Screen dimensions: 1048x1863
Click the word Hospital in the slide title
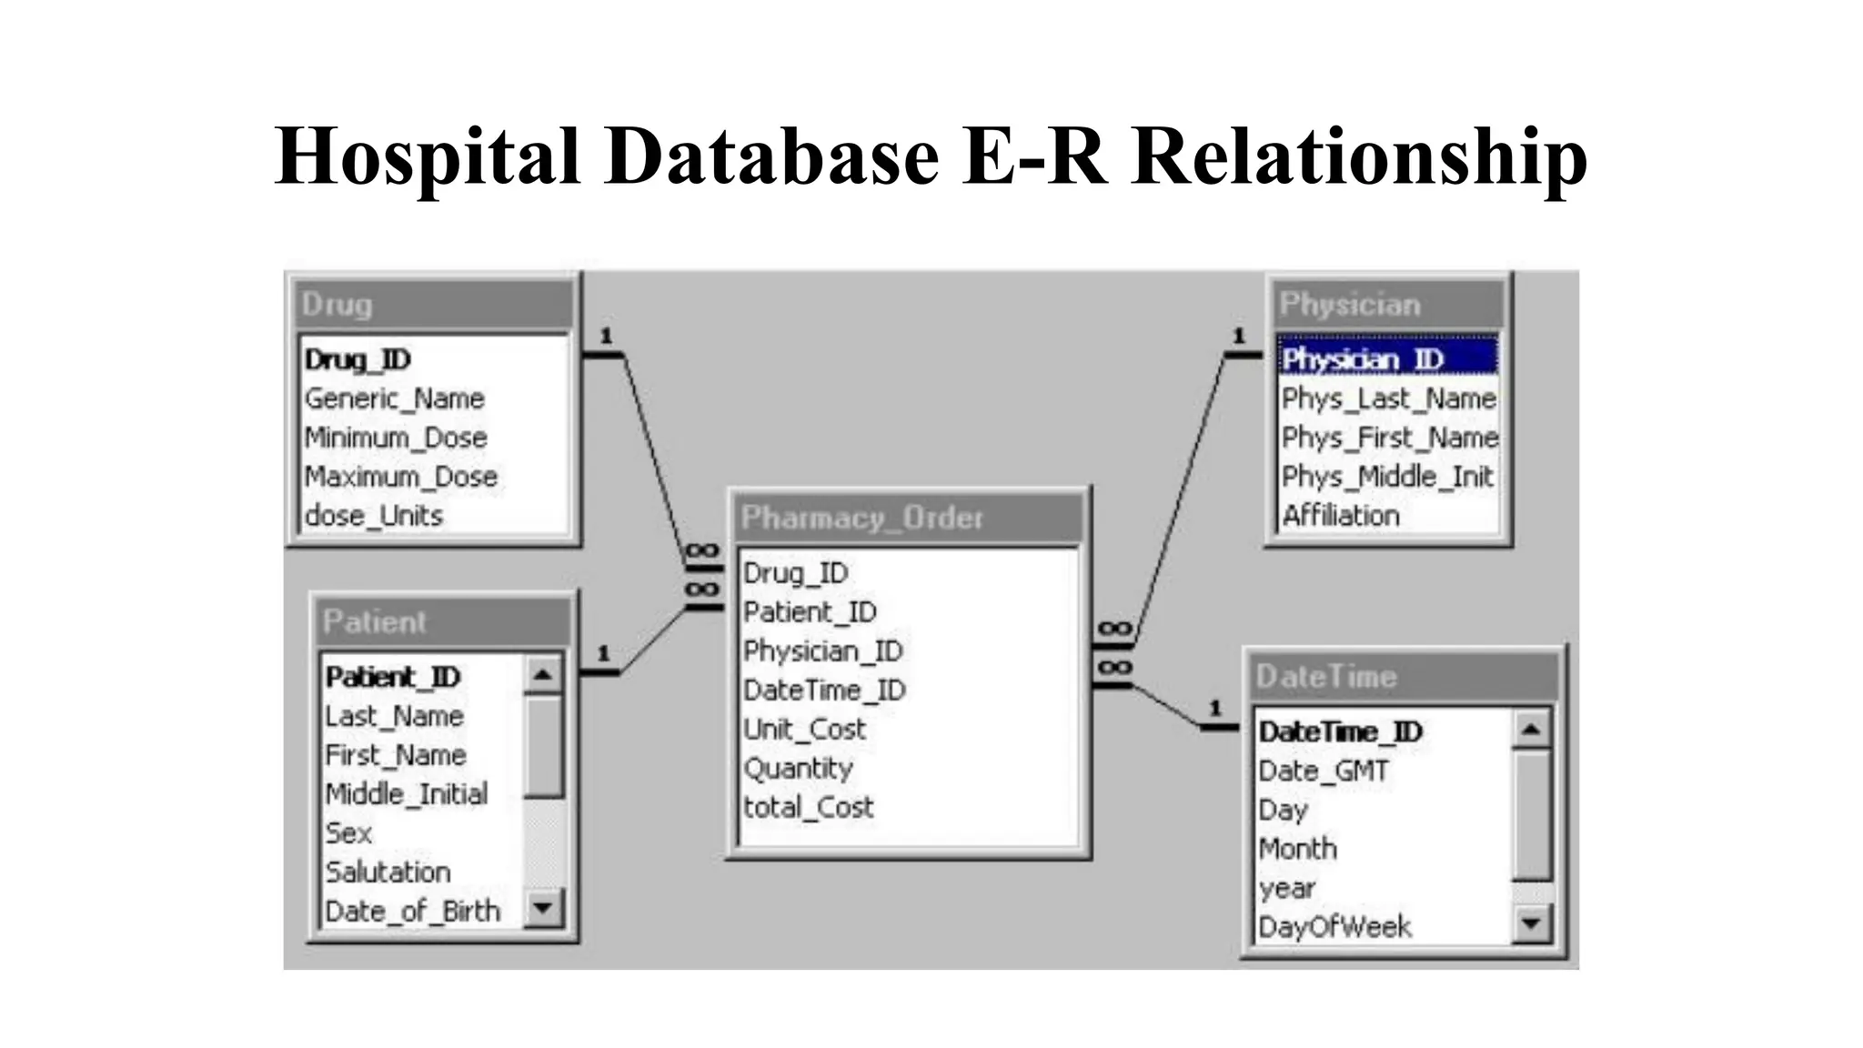point(427,156)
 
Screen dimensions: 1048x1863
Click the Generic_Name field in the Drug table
point(394,398)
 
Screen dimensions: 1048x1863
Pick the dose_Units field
point(373,516)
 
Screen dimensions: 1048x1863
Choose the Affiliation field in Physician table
point(1340,516)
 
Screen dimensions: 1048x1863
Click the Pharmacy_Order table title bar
point(907,518)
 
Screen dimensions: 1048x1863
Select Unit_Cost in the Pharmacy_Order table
point(804,730)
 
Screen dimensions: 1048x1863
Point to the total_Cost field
point(808,807)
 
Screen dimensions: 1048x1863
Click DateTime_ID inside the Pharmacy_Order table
point(824,690)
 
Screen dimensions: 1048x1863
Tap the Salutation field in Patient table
point(388,872)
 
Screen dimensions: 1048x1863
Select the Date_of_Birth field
point(412,911)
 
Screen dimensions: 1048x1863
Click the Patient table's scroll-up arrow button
point(543,675)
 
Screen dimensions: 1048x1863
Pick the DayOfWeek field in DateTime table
point(1334,927)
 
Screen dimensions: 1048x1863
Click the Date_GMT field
point(1323,771)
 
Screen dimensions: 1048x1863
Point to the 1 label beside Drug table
point(606,336)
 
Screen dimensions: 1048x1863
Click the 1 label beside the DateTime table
point(1215,707)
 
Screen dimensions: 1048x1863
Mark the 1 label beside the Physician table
point(1238,336)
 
